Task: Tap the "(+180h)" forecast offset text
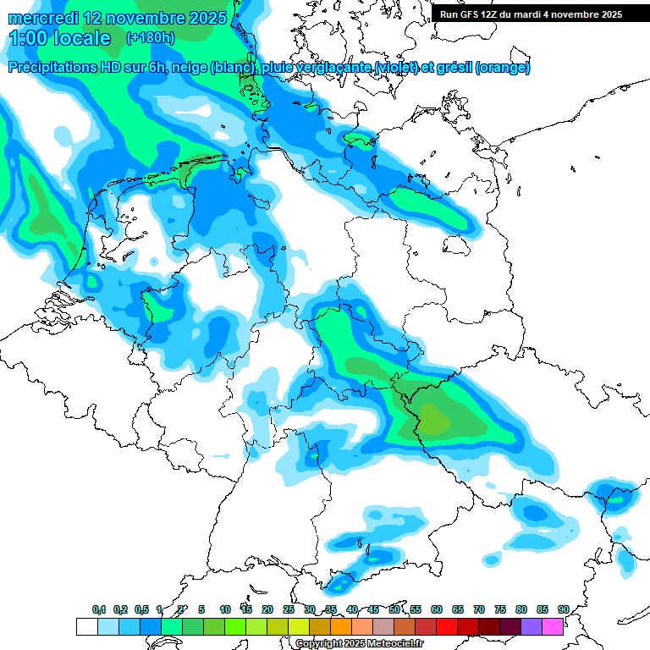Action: [x=151, y=38]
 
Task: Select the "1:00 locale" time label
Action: [x=59, y=38]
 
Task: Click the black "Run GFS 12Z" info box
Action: [x=532, y=14]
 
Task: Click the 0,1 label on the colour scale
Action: [x=99, y=609]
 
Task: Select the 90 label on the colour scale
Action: [x=563, y=609]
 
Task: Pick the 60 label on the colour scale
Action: [x=437, y=609]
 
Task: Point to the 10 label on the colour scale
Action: [x=225, y=609]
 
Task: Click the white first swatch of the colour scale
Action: [x=86, y=626]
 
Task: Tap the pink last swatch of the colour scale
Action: [x=553, y=626]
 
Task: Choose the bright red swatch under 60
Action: [x=446, y=626]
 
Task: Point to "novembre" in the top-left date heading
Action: [x=143, y=18]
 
